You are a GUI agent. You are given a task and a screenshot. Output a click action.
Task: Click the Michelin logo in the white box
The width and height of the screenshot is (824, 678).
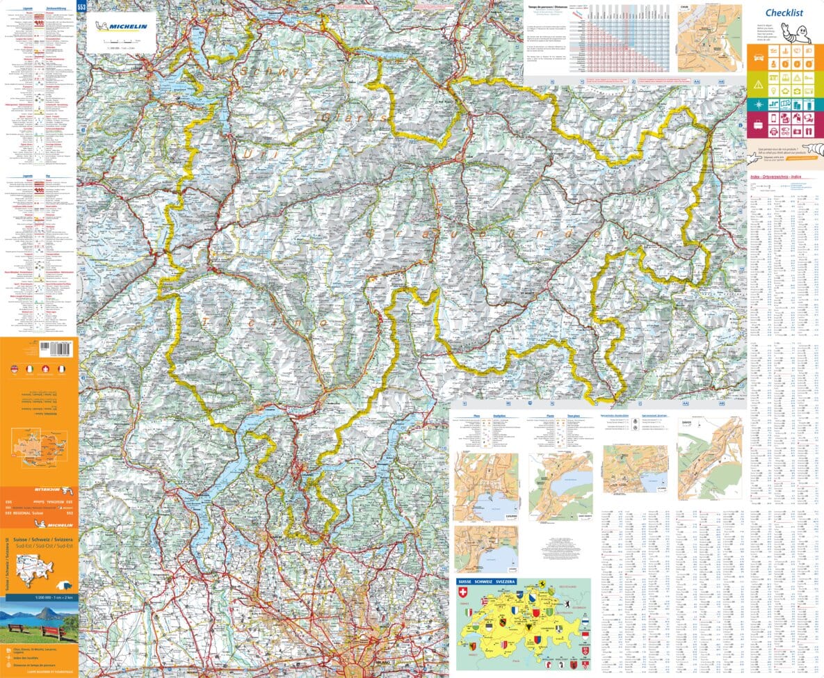tap(126, 27)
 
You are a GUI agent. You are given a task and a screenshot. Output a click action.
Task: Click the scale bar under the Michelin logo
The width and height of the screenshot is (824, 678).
tap(122, 42)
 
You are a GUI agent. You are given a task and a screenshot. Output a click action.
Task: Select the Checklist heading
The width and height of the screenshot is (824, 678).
tap(784, 13)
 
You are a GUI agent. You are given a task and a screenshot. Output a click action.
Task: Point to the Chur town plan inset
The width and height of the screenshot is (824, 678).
tap(709, 39)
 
